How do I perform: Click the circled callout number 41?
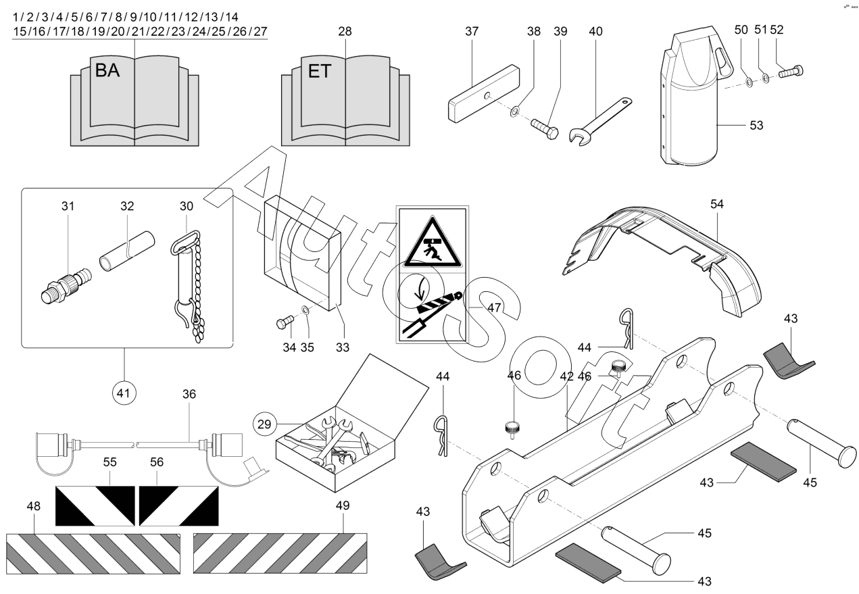pyautogui.click(x=125, y=393)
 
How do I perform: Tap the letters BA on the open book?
pyautogui.click(x=107, y=71)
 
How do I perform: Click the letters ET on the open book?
pyautogui.click(x=319, y=71)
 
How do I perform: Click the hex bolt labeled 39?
pyautogui.click(x=543, y=126)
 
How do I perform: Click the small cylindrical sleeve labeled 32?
pyautogui.click(x=127, y=249)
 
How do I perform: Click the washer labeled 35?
pyautogui.click(x=305, y=310)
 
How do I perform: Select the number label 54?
pyautogui.click(x=716, y=204)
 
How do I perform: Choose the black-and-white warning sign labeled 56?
pyautogui.click(x=178, y=505)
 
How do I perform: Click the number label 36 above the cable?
pyautogui.click(x=189, y=394)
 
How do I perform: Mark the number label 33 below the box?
pyautogui.click(x=343, y=347)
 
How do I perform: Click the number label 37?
pyautogui.click(x=472, y=31)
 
